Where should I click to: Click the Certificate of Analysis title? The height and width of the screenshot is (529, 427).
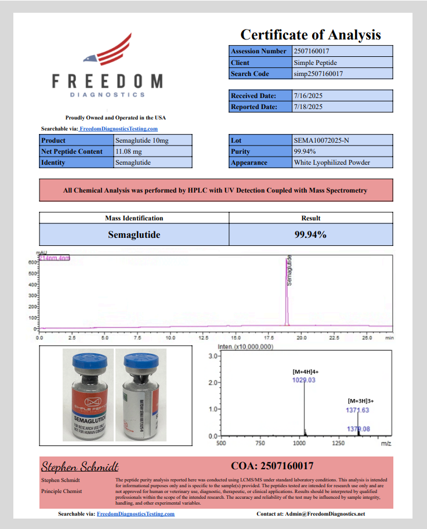[x=310, y=35]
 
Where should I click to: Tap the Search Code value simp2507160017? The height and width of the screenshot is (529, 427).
[x=318, y=74]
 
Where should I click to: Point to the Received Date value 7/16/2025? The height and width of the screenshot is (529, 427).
[x=308, y=96]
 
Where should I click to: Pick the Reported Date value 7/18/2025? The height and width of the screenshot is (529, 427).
[x=308, y=107]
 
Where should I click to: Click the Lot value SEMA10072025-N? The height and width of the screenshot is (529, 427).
[x=321, y=140]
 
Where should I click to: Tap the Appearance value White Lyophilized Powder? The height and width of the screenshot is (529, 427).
[x=332, y=162]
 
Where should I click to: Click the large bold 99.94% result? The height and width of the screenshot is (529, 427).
[x=311, y=235]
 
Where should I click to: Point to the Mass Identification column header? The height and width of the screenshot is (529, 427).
[x=134, y=218]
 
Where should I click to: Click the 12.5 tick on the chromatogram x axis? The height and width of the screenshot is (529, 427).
[x=204, y=337]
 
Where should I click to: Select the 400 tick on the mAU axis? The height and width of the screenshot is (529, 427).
[x=32, y=284]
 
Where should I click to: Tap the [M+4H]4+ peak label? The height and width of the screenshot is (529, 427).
[x=304, y=371]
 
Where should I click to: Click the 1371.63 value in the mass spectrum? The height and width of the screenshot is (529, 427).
[x=357, y=410]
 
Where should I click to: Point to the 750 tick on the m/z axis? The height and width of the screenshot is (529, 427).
[x=260, y=443]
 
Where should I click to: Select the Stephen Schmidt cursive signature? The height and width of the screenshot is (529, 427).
[x=80, y=466]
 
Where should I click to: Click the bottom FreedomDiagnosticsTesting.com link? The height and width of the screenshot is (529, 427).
[x=135, y=514]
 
